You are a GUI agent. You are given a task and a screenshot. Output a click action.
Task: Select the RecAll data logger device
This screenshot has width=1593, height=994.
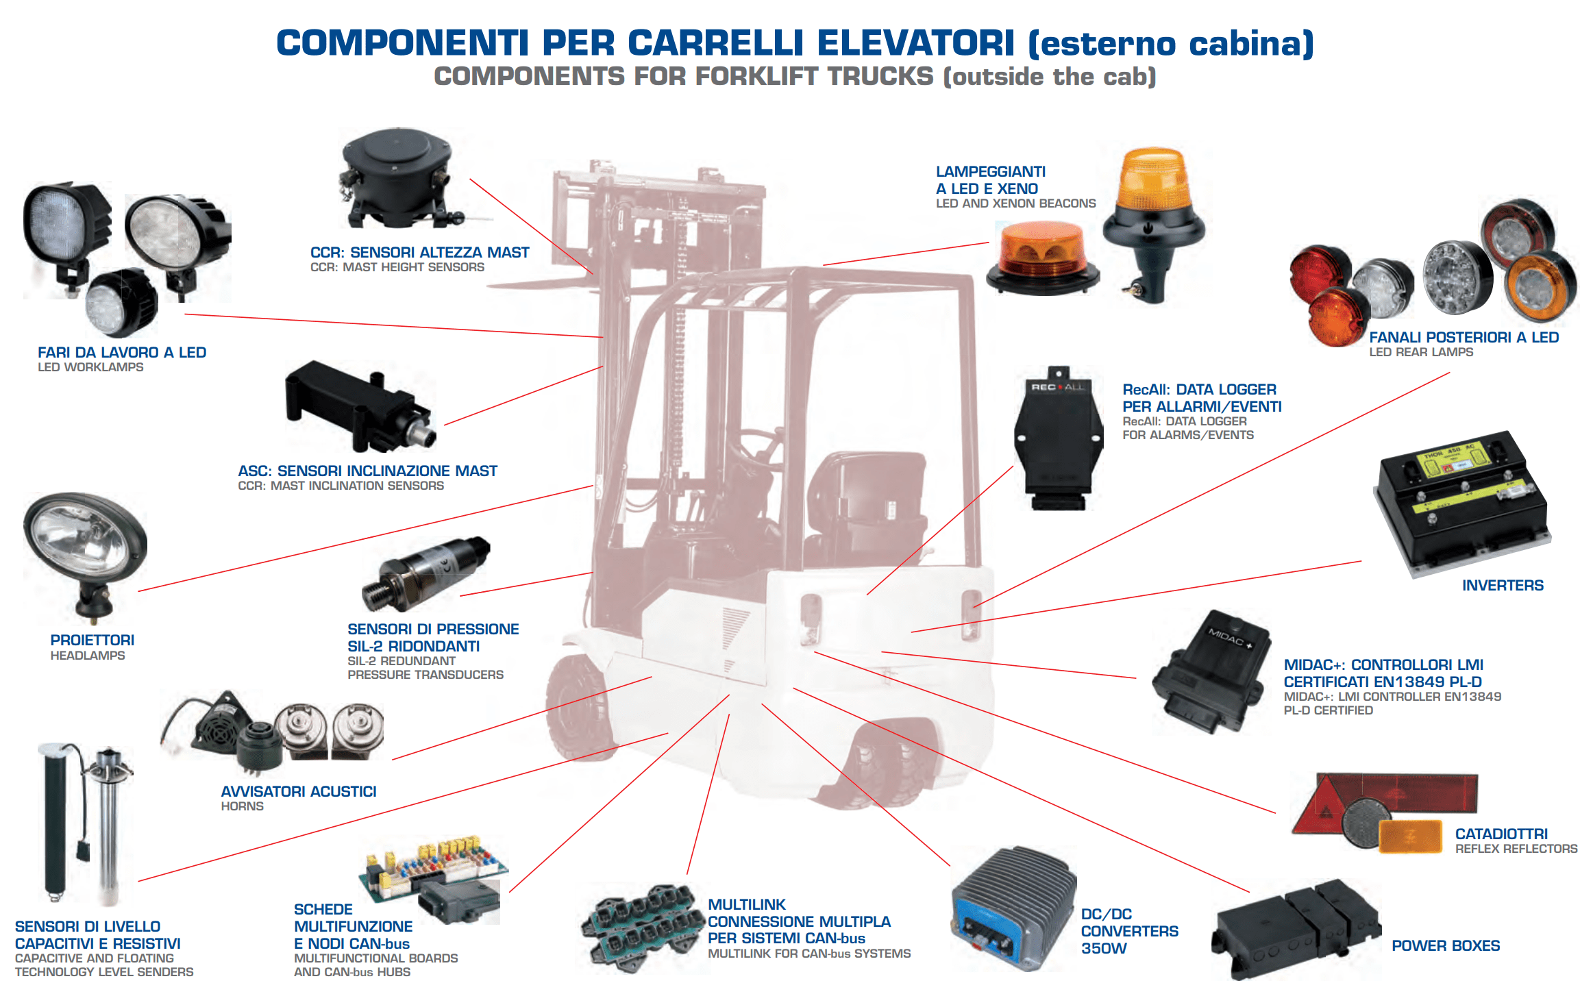(x=1059, y=438)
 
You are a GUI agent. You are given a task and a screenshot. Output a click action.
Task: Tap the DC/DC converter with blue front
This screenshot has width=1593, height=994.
(x=1014, y=908)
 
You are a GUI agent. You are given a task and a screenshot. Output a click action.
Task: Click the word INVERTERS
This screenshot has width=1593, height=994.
(x=1503, y=586)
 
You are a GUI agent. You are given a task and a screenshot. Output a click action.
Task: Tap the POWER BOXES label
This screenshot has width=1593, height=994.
(x=1446, y=946)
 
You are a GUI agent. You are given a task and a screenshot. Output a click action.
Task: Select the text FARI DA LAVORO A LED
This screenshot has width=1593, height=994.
(x=122, y=353)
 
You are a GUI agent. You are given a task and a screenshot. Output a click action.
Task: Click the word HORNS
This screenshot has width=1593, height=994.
(x=242, y=807)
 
